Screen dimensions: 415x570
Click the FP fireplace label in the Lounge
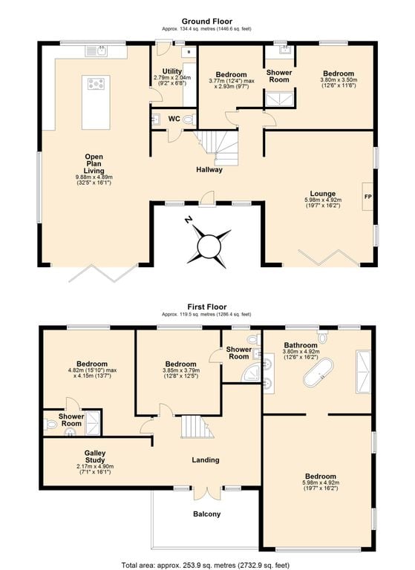coord(368,196)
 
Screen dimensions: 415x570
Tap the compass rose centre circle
coord(209,247)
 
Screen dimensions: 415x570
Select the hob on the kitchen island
coord(96,84)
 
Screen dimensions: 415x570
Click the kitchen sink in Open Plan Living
coord(97,51)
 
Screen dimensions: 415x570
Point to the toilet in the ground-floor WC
coord(189,119)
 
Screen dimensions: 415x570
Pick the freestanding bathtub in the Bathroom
coord(318,373)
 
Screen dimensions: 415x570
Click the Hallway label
coord(209,169)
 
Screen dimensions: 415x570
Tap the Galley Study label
coord(95,456)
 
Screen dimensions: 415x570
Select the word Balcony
coord(207,514)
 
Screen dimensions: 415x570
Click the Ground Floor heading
coord(207,21)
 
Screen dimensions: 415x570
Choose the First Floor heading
coord(207,307)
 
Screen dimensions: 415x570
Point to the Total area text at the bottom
coord(206,565)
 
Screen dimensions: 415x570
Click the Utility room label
coord(172,71)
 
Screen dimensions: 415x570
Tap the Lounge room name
coord(323,194)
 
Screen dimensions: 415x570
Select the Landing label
coord(206,460)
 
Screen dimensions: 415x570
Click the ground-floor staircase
coord(217,147)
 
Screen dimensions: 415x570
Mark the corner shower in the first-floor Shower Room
coord(251,373)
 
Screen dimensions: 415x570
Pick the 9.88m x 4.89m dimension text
coord(94,177)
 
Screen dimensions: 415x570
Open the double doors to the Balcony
coord(207,493)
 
